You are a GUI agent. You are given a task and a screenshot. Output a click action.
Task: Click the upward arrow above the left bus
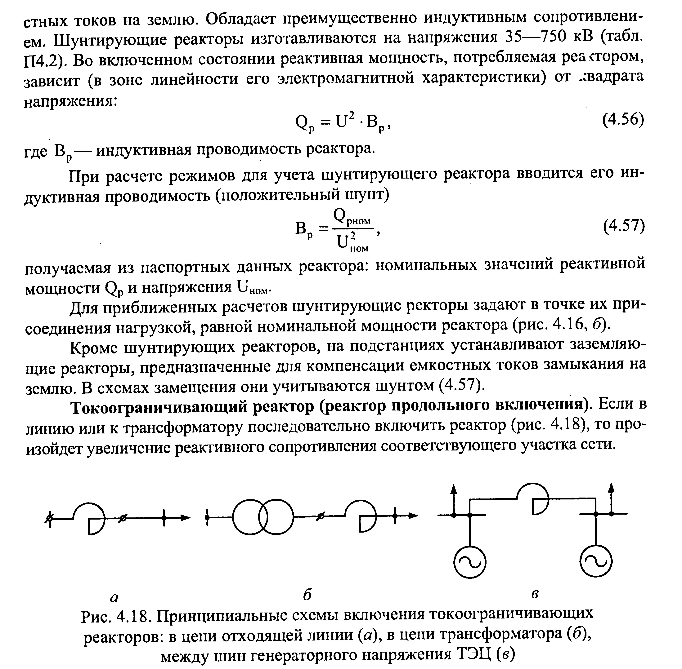click(x=454, y=492)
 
